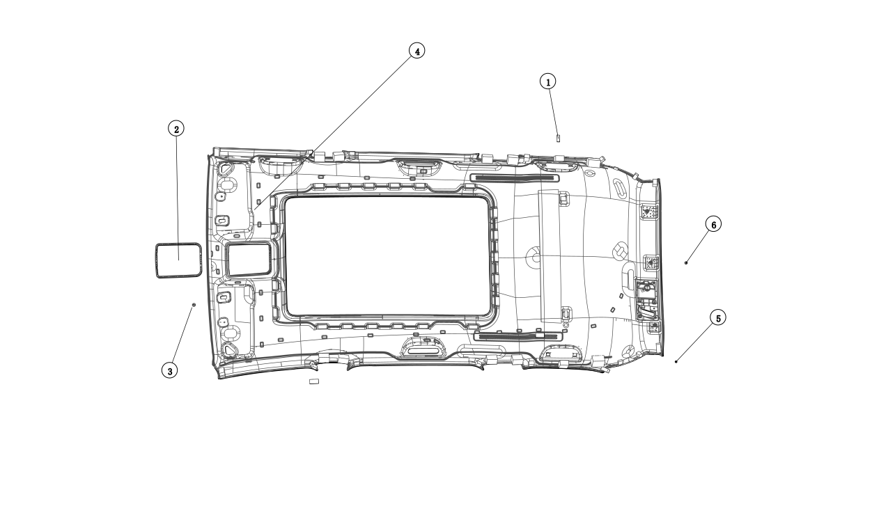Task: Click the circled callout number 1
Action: click(x=548, y=81)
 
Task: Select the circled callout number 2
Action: click(x=177, y=129)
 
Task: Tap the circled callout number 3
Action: click(x=169, y=370)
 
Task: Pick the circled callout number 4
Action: click(x=416, y=51)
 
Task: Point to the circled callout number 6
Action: click(x=712, y=224)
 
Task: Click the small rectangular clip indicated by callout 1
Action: click(x=558, y=138)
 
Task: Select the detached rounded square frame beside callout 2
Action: click(x=178, y=260)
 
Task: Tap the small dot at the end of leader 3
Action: click(x=194, y=305)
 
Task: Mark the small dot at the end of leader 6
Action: click(x=686, y=262)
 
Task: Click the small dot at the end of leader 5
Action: click(x=676, y=361)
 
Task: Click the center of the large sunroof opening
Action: click(x=387, y=255)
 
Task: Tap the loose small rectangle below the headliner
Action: click(x=313, y=381)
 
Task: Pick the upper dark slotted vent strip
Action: click(x=515, y=178)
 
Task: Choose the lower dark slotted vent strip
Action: click(x=517, y=336)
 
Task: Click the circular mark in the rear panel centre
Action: click(x=535, y=258)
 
